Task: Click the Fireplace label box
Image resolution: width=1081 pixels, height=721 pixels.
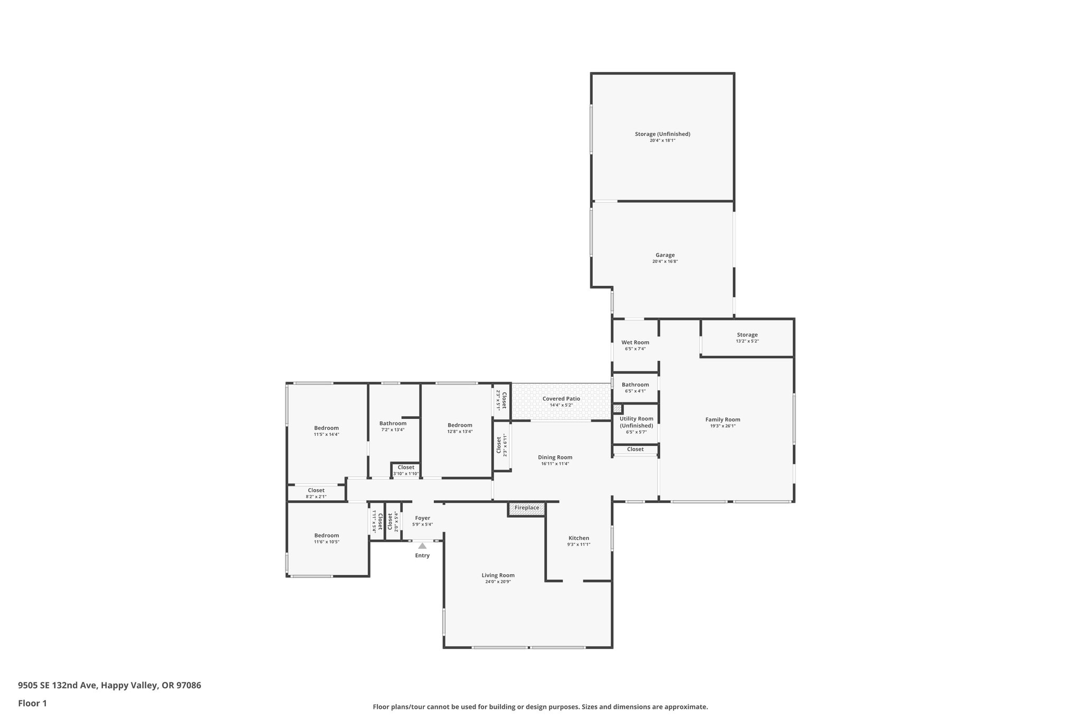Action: pyautogui.click(x=527, y=508)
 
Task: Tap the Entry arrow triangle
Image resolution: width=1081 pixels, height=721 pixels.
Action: pyautogui.click(x=422, y=546)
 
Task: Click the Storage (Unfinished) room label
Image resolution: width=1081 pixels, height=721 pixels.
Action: pyautogui.click(x=662, y=134)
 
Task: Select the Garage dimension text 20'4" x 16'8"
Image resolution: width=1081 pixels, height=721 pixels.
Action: pyautogui.click(x=665, y=261)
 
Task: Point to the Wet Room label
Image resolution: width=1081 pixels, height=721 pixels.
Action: pyautogui.click(x=635, y=342)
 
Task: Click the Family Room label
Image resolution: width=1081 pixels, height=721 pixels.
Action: pyautogui.click(x=723, y=419)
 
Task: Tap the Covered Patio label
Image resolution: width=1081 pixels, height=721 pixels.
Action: pyautogui.click(x=561, y=399)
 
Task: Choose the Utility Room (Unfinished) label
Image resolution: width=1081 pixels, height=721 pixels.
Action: pyautogui.click(x=636, y=422)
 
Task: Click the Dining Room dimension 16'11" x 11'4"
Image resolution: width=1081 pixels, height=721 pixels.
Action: pyautogui.click(x=555, y=464)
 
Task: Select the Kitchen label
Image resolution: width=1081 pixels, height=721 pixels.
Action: pyautogui.click(x=579, y=538)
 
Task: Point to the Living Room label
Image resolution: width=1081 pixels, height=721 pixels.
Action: pyautogui.click(x=498, y=575)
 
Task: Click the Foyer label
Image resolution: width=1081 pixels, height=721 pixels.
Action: pyautogui.click(x=422, y=518)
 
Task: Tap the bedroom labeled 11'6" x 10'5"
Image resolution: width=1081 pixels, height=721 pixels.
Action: pyautogui.click(x=326, y=538)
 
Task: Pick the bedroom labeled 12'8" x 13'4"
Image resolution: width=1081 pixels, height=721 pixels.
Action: pyautogui.click(x=460, y=428)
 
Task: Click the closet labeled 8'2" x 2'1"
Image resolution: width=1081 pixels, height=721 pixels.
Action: pyautogui.click(x=316, y=493)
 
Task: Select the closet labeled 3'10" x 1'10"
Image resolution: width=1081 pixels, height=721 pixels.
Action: pyautogui.click(x=406, y=470)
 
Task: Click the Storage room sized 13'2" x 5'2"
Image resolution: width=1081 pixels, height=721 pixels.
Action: pyautogui.click(x=747, y=338)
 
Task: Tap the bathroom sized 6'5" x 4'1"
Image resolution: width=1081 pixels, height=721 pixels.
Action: pyautogui.click(x=635, y=387)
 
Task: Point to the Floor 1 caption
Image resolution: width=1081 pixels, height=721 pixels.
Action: pyautogui.click(x=32, y=703)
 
